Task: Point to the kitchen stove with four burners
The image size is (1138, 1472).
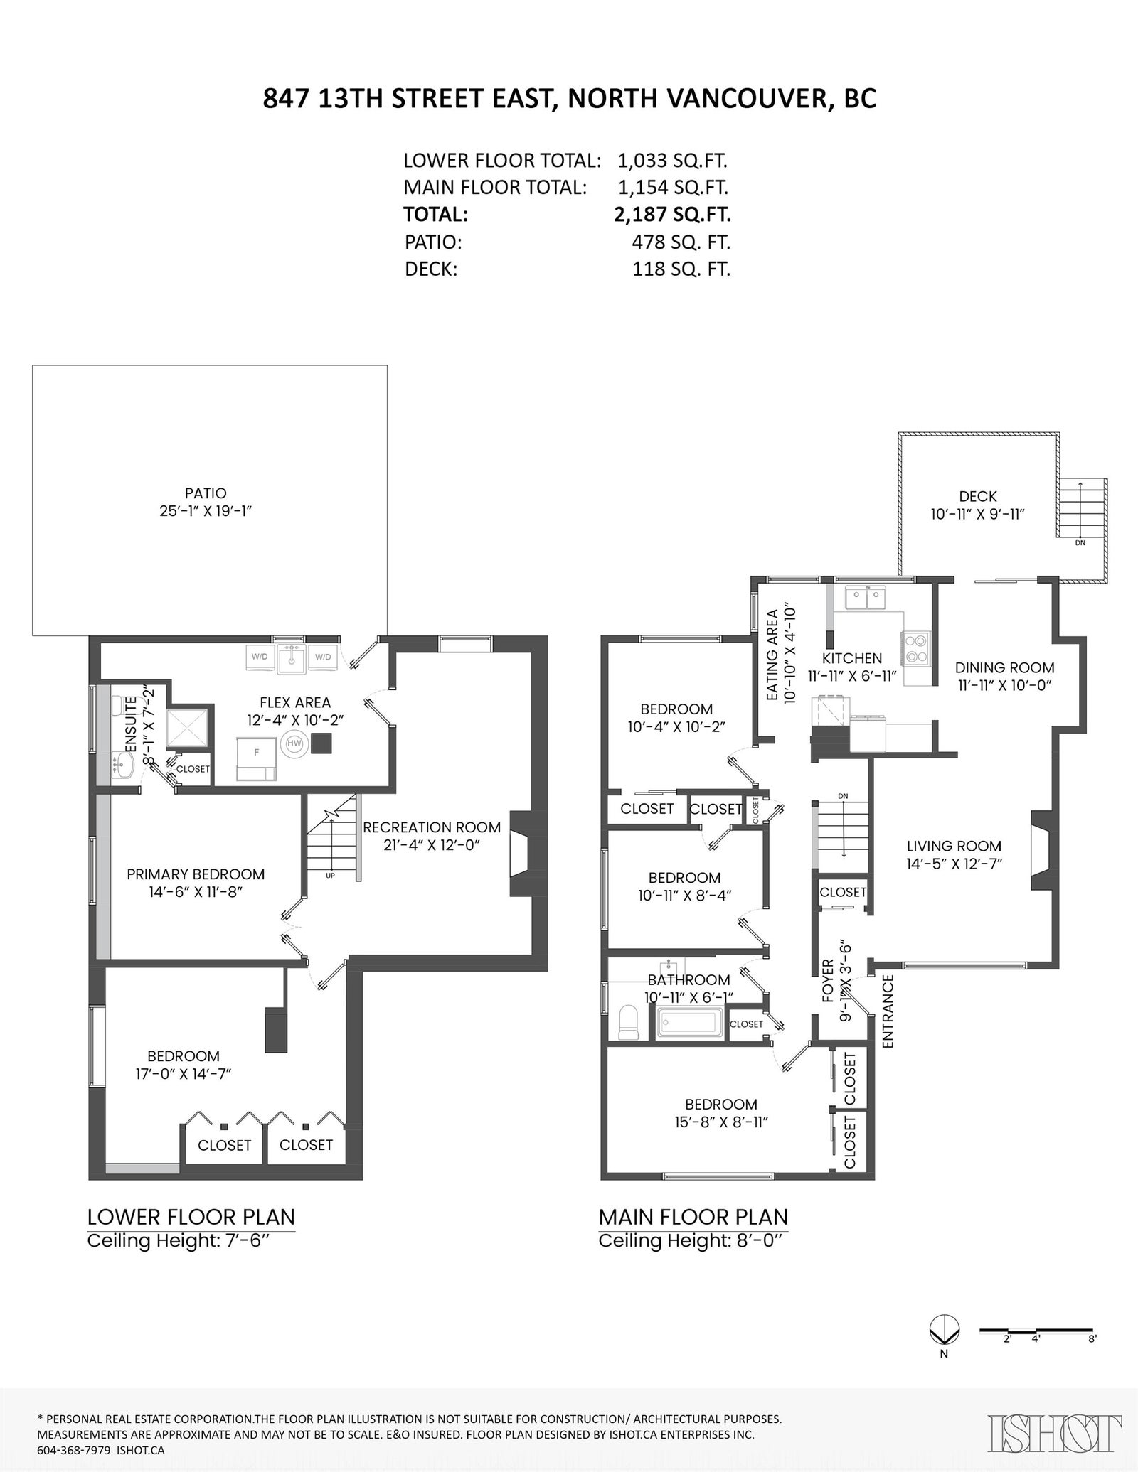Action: click(x=917, y=648)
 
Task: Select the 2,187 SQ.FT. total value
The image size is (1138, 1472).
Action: click(x=672, y=214)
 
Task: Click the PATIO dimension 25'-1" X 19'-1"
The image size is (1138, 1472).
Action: click(x=206, y=511)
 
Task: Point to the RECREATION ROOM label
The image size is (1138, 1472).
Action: click(x=432, y=827)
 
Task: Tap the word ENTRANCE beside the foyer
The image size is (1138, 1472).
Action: click(x=888, y=1011)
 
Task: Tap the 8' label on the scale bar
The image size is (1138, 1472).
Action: click(x=1092, y=1338)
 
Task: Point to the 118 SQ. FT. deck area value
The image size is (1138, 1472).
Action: click(x=681, y=269)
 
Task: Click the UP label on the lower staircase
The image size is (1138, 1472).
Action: click(x=330, y=875)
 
